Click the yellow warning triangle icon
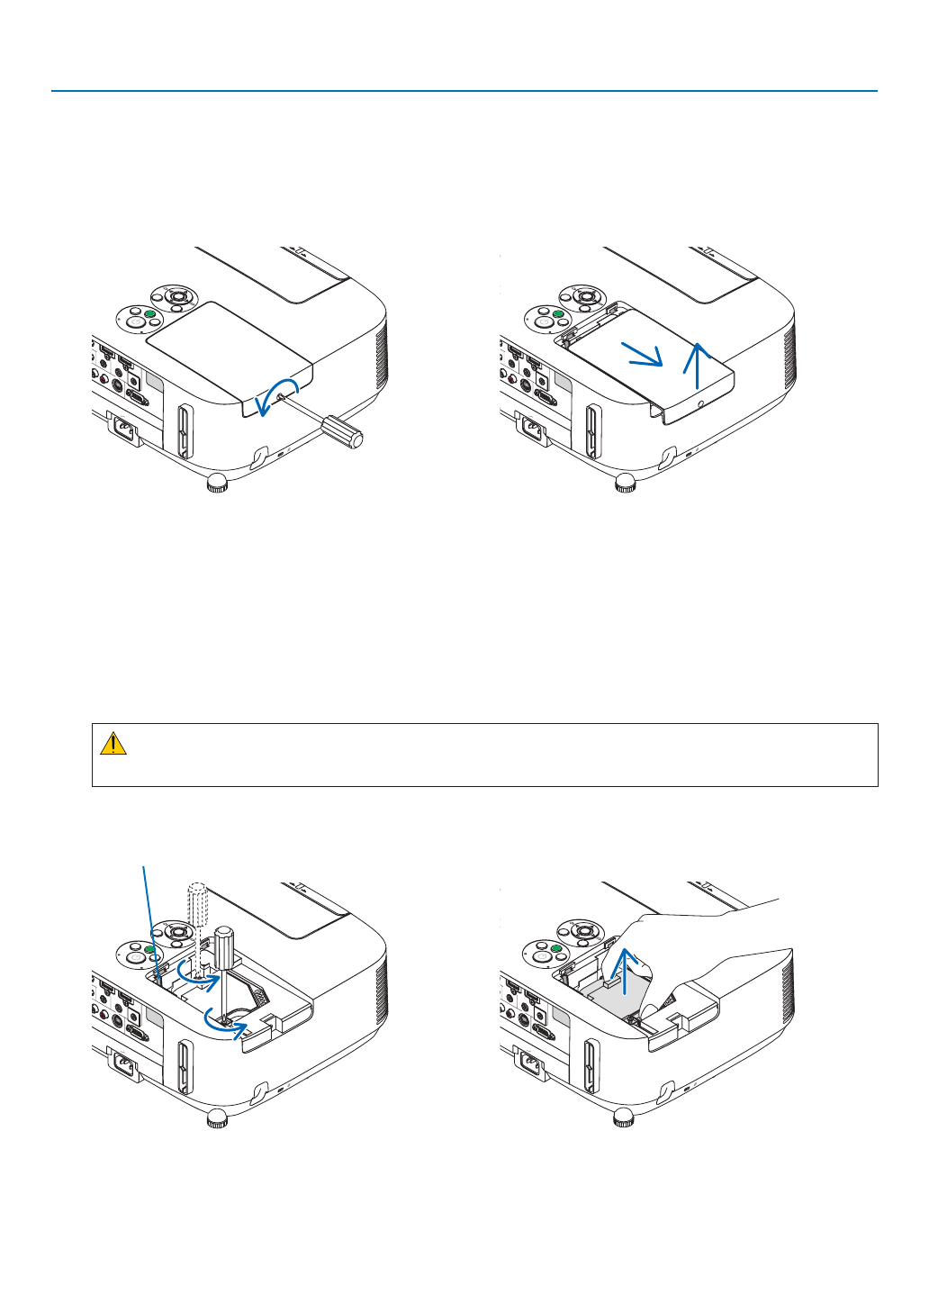click(113, 744)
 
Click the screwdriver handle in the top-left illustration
click(343, 431)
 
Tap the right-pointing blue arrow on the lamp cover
click(644, 355)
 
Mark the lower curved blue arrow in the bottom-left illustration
click(226, 1022)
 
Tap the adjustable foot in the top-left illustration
click(216, 485)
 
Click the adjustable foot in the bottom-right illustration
click(623, 1117)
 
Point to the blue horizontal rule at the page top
click(464, 91)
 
